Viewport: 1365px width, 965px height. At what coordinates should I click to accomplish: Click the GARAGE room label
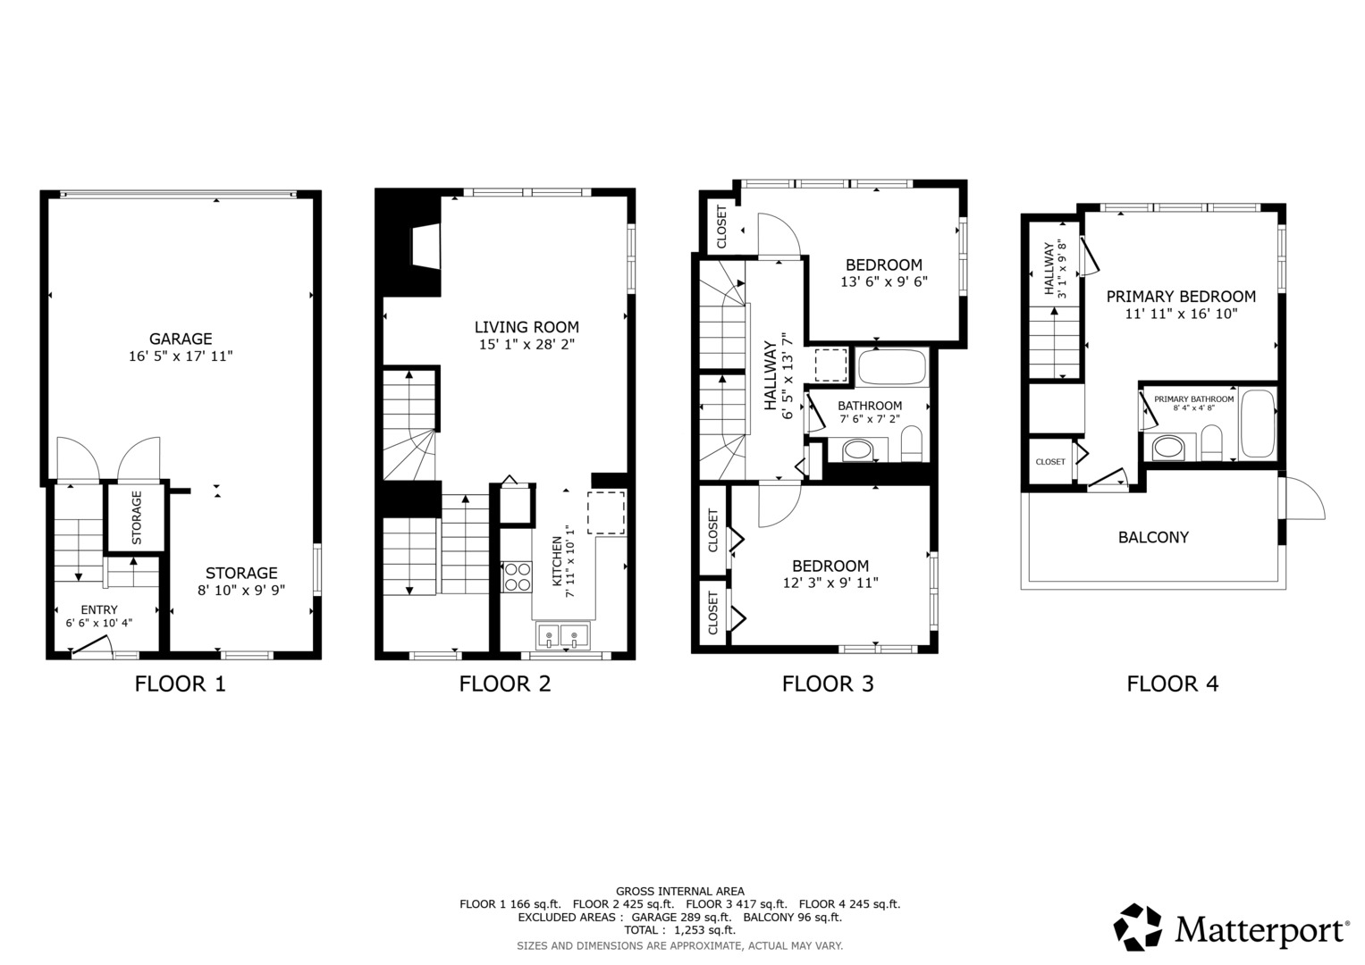181,339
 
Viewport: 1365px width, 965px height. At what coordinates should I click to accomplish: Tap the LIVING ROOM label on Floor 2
527,327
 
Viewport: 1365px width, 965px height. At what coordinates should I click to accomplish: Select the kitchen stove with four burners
517,576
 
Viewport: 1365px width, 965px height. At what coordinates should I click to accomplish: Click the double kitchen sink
562,635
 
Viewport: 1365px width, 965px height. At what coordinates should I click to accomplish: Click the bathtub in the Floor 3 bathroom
892,366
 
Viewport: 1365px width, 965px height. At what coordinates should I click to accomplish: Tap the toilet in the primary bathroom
1211,443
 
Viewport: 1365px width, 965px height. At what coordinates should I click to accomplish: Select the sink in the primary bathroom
1168,448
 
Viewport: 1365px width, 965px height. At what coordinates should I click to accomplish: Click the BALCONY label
1153,537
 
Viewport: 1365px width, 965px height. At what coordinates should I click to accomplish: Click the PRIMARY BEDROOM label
1181,297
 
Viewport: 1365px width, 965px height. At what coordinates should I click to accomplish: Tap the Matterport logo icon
1138,927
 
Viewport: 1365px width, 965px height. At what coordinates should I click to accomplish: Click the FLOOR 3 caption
828,684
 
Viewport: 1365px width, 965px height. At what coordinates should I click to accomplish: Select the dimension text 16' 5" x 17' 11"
181,357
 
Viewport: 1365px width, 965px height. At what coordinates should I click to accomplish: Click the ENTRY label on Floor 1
99,609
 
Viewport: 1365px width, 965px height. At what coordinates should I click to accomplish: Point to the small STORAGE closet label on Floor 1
137,518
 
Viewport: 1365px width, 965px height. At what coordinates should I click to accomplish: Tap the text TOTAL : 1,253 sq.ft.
680,930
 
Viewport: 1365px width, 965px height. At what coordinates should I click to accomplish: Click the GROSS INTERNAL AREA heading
680,892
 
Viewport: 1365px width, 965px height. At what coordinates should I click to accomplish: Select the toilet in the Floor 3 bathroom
912,443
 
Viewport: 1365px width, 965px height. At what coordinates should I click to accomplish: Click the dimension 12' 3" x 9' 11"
830,583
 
